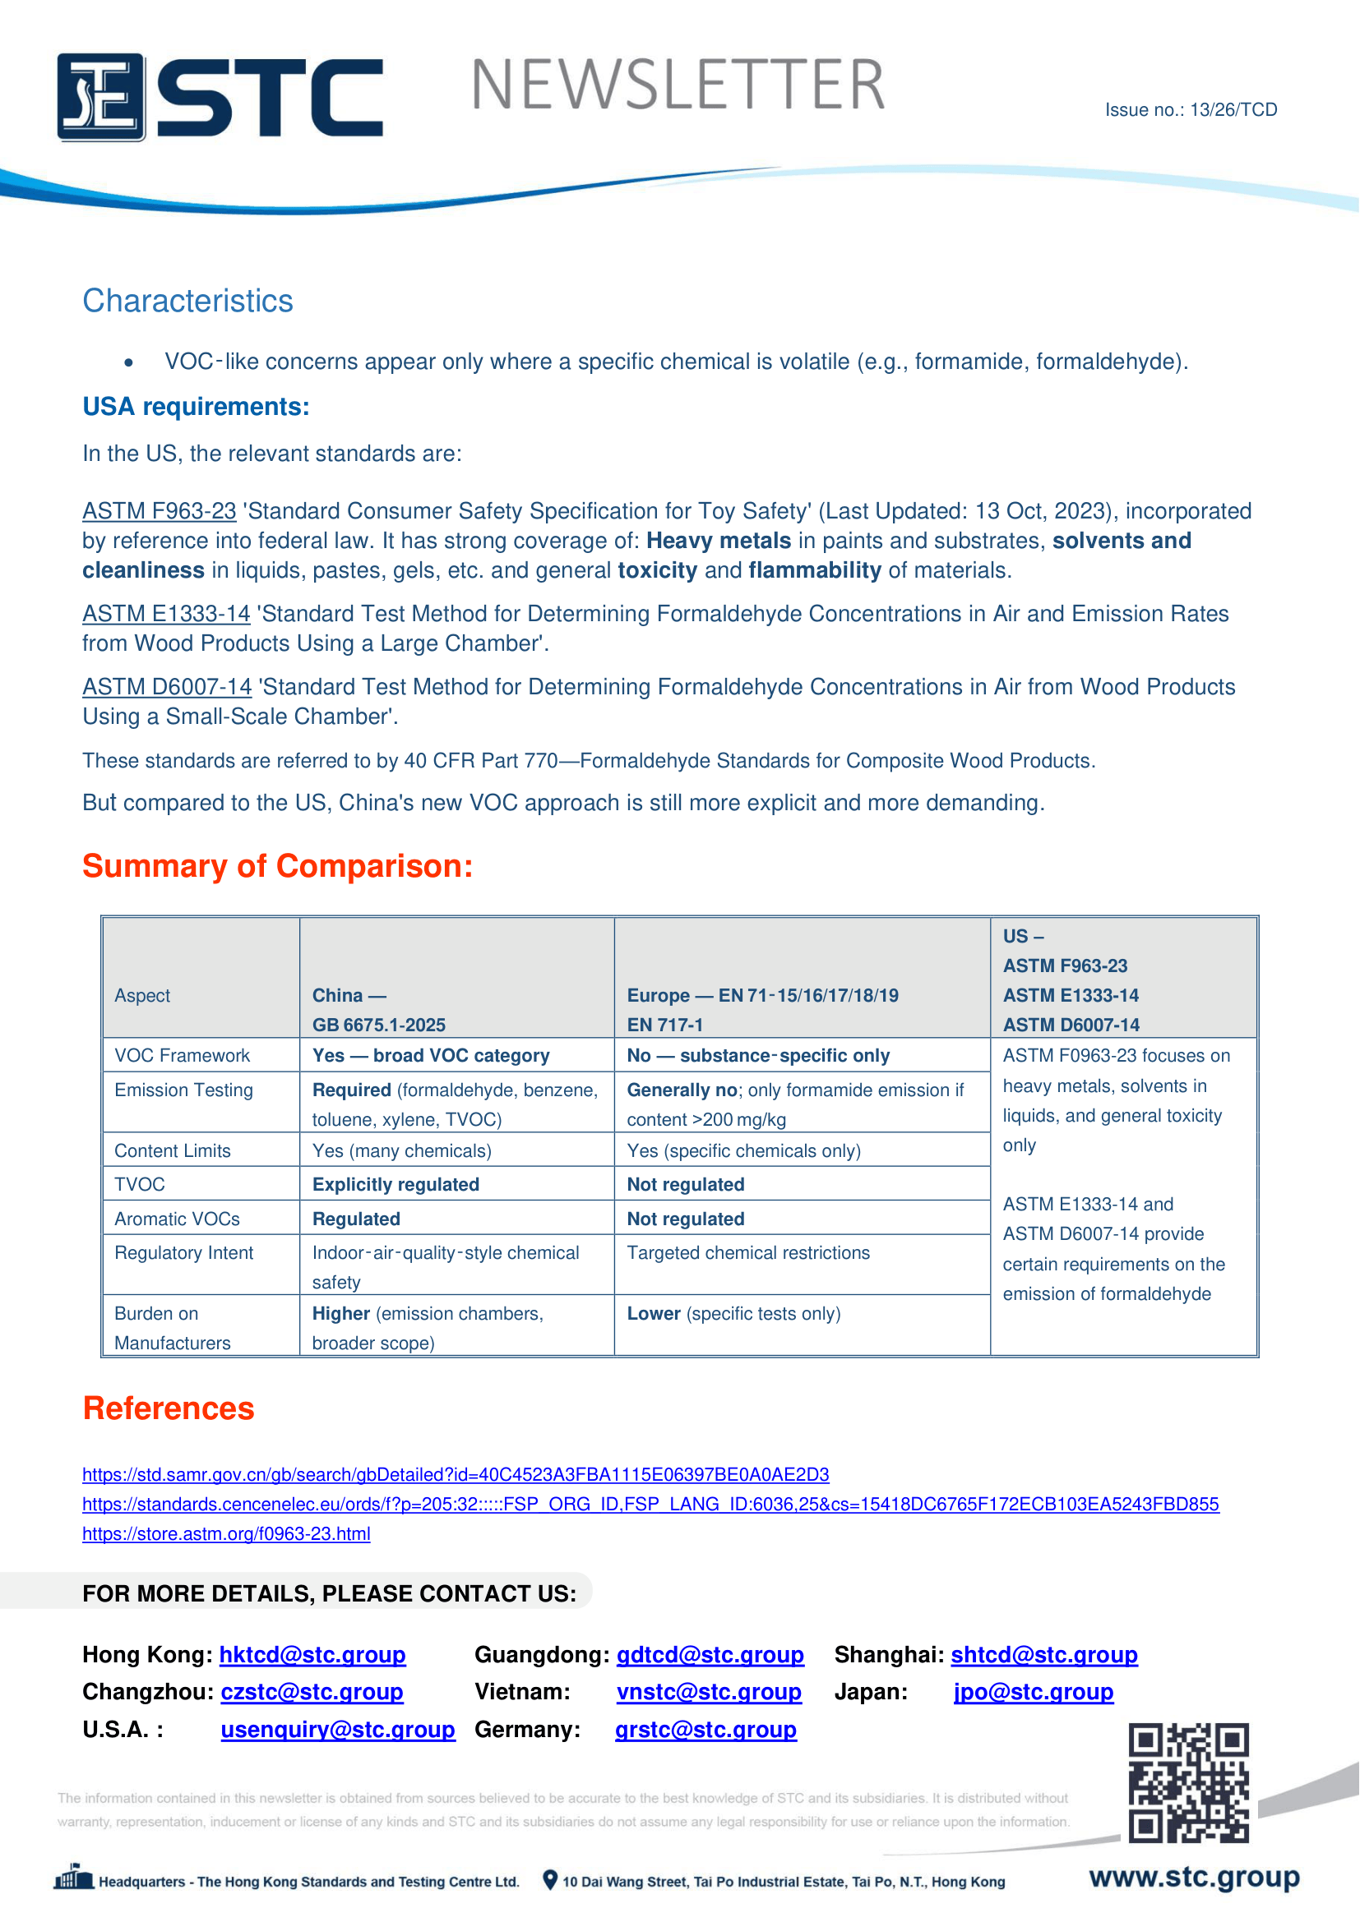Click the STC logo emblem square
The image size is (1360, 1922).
(101, 97)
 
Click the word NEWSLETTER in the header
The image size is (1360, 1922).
(678, 85)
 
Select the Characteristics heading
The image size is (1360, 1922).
(187, 302)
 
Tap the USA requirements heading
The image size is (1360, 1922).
(196, 407)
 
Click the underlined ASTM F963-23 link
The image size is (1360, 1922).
(160, 511)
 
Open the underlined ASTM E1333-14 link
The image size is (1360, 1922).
(166, 615)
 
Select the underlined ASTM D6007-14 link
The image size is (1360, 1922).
(167, 687)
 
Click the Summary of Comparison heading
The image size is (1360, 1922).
(277, 866)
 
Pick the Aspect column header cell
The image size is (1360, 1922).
(142, 995)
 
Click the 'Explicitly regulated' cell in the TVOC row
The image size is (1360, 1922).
(396, 1185)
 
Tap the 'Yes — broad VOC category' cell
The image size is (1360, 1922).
(430, 1056)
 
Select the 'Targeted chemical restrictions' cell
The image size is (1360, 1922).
(747, 1253)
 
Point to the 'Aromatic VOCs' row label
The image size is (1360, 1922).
(177, 1219)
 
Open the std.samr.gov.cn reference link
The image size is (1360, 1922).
(456, 1475)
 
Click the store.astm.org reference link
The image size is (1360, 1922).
(226, 1534)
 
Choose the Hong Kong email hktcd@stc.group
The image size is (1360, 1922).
(312, 1656)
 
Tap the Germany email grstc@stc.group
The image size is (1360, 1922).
(705, 1731)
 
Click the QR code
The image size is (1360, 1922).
(1188, 1783)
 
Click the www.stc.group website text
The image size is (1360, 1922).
(1194, 1878)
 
